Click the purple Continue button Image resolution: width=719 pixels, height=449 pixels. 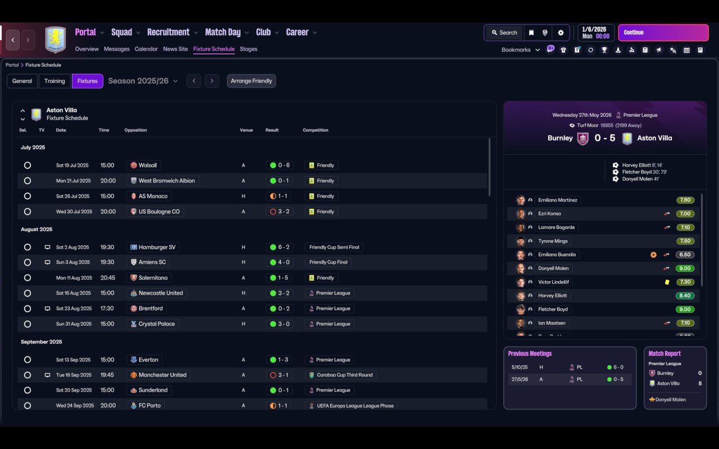click(663, 33)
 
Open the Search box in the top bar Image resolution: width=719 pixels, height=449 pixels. click(504, 33)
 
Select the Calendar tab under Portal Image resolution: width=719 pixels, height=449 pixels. click(146, 49)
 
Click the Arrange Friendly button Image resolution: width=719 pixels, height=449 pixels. click(251, 81)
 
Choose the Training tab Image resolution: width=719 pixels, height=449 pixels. click(54, 81)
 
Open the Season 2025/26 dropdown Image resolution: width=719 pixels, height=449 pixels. click(143, 81)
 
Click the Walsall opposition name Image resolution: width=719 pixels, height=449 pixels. click(148, 165)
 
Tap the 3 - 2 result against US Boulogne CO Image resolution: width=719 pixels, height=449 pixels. click(284, 212)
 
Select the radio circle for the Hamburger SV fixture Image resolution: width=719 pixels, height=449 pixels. click(28, 248)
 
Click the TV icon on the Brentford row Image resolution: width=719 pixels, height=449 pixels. click(47, 309)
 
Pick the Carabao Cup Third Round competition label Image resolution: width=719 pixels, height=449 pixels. click(344, 375)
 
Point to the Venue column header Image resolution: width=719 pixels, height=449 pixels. click(246, 130)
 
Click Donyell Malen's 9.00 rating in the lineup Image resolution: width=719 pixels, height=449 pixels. click(685, 268)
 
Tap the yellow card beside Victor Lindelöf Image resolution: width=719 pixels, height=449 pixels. click(667, 282)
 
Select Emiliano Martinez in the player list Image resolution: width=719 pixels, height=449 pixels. click(558, 200)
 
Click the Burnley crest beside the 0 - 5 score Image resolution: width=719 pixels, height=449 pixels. click(583, 139)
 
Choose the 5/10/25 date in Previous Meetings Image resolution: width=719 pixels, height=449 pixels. click(520, 367)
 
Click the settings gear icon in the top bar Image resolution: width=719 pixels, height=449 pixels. click(561, 33)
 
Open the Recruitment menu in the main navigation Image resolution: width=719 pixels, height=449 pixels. click(168, 32)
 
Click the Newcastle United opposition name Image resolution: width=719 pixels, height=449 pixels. click(161, 293)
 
